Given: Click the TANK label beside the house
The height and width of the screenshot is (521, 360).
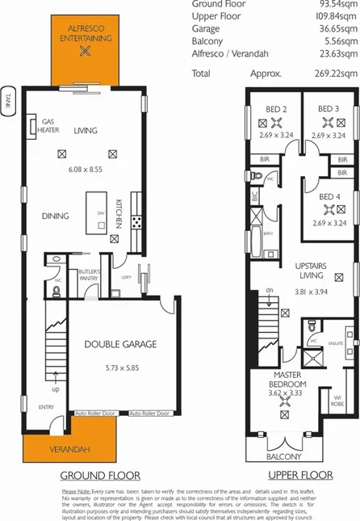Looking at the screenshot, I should (8, 103).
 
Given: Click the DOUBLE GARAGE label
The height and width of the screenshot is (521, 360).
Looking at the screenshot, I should (120, 343).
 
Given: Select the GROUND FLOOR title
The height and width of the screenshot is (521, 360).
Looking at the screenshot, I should (101, 475).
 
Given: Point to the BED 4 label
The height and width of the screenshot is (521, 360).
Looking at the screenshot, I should (328, 197).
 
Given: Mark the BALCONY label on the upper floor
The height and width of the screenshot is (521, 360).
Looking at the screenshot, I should (283, 456).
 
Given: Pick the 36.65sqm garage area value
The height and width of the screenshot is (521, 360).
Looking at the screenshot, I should (333, 27).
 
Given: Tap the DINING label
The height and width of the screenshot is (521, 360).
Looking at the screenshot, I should (56, 216).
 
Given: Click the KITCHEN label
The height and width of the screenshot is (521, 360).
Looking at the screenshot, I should (119, 214).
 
